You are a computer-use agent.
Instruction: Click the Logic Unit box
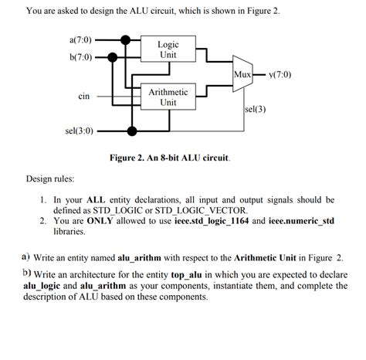[x=168, y=50]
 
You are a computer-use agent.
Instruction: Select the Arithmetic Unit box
[x=168, y=97]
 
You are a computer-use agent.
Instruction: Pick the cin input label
[x=84, y=97]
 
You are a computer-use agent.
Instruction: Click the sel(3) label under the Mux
[x=255, y=109]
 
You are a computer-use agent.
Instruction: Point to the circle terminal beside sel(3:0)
[x=99, y=131]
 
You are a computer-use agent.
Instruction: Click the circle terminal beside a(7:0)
[x=99, y=39]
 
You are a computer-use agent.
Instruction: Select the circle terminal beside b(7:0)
[x=99, y=57]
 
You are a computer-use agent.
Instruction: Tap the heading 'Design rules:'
[x=50, y=179]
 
